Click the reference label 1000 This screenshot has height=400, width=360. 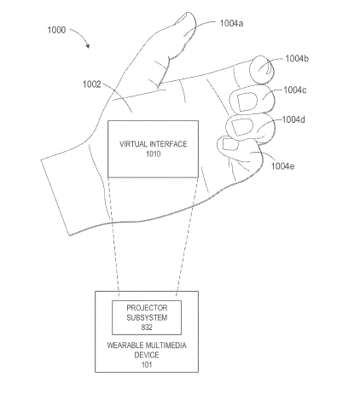click(x=56, y=30)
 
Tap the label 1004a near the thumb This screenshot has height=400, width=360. click(x=231, y=23)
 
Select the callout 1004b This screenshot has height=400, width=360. click(x=297, y=59)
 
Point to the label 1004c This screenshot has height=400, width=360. click(x=295, y=90)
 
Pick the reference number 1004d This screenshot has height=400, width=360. click(x=293, y=119)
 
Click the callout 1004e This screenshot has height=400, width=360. click(x=282, y=166)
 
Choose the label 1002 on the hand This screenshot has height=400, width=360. click(x=91, y=84)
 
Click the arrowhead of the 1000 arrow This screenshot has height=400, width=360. click(x=88, y=46)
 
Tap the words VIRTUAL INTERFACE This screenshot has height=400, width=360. click(x=154, y=144)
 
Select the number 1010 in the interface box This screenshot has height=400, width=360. click(x=154, y=154)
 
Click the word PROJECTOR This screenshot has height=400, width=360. click(x=147, y=308)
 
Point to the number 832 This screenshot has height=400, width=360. click(x=147, y=328)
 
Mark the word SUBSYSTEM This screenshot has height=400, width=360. click(x=147, y=317)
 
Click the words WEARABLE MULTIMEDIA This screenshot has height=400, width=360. click(x=147, y=345)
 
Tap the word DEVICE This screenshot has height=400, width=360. click(x=147, y=355)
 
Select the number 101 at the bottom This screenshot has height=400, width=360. click(x=147, y=365)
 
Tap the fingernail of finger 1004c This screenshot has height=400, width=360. click(x=247, y=101)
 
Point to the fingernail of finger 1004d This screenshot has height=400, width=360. click(x=241, y=127)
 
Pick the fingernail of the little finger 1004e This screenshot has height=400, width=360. click(x=229, y=144)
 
